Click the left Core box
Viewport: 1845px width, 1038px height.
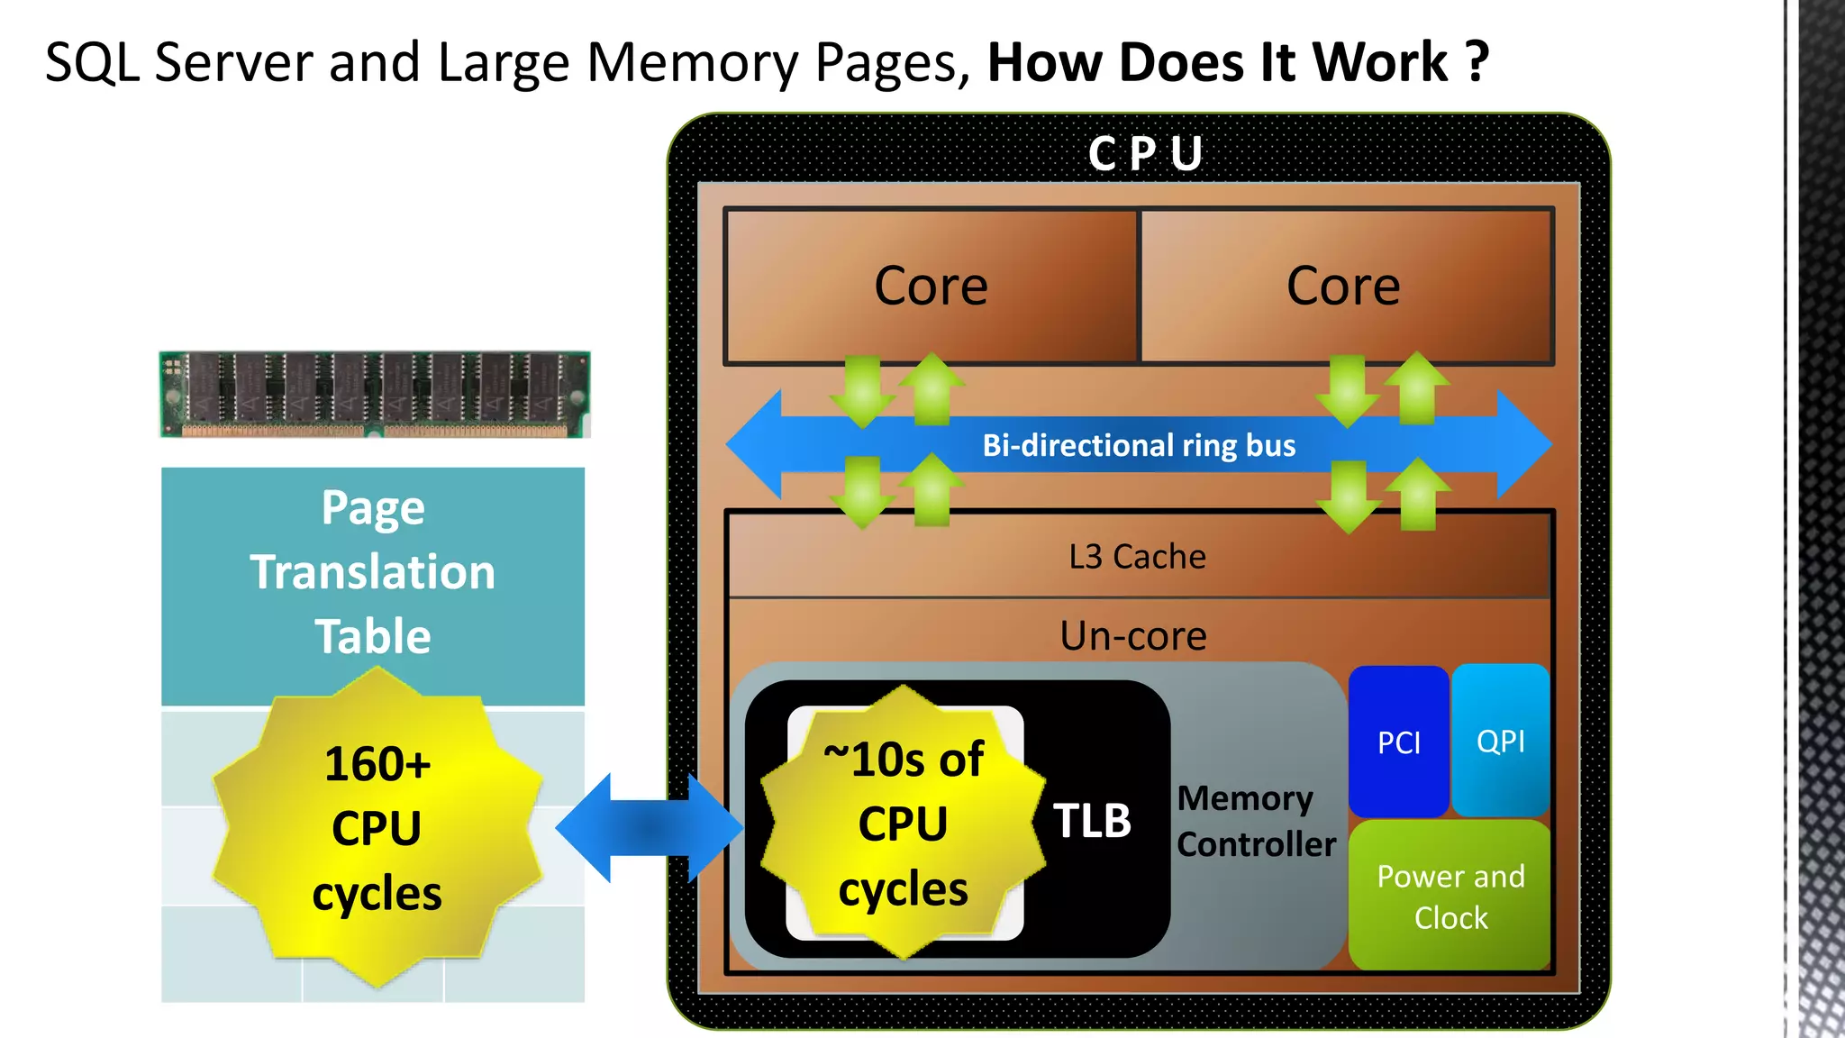[x=931, y=287]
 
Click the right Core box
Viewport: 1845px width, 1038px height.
[x=1344, y=287]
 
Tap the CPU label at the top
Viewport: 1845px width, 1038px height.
[x=1145, y=153]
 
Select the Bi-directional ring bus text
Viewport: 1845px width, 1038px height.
[x=1139, y=445]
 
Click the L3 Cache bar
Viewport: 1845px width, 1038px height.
[x=1137, y=557]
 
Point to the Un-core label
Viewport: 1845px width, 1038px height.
[x=1132, y=636]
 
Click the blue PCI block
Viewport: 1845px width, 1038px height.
[x=1398, y=742]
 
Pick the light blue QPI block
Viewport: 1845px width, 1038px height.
[x=1500, y=741]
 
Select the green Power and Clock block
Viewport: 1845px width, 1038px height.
[x=1450, y=896]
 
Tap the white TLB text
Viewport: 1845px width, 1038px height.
[x=1092, y=821]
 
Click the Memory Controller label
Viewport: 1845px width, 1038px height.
[x=1255, y=822]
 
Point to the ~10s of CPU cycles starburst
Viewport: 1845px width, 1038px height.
[x=903, y=824]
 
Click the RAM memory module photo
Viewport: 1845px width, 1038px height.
[x=375, y=395]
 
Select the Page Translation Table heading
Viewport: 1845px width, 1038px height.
[x=373, y=572]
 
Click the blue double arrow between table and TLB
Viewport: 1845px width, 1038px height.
[x=649, y=827]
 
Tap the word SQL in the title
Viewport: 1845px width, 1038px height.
[x=92, y=63]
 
